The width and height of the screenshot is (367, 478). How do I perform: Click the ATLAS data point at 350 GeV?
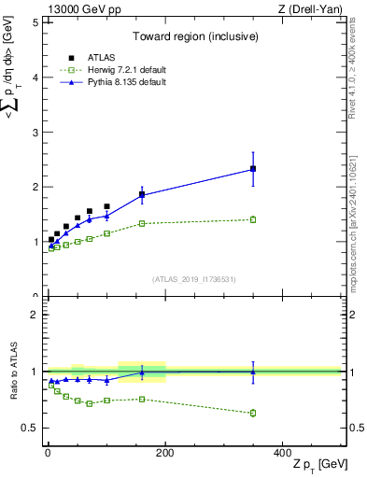(253, 169)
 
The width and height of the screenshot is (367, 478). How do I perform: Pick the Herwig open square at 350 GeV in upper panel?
(253, 219)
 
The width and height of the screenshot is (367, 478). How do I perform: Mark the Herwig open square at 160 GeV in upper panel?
(142, 223)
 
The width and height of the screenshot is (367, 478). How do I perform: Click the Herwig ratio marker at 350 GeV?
(253, 413)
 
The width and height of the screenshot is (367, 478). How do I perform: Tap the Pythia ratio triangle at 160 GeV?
(142, 372)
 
